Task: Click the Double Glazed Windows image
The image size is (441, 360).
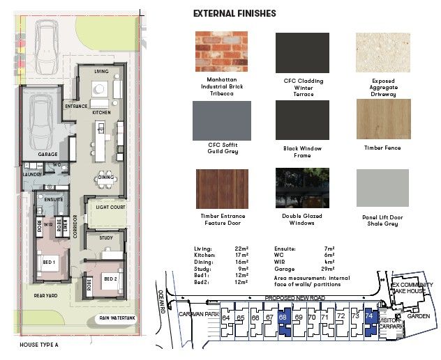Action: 301,188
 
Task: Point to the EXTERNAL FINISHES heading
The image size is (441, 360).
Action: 234,13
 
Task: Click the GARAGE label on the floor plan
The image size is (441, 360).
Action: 47,155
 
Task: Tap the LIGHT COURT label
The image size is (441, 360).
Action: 110,208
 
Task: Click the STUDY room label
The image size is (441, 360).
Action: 106,237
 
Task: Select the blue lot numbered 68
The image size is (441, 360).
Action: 283,318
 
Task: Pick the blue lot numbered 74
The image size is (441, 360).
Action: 370,317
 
